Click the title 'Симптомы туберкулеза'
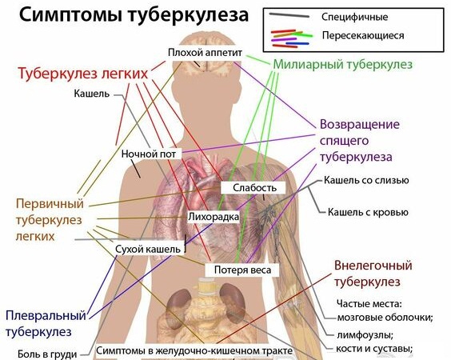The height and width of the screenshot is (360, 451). click(134, 15)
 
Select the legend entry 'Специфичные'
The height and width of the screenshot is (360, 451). click(355, 17)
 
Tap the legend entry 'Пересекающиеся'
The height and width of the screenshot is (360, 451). click(363, 35)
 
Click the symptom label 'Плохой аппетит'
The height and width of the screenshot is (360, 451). click(205, 53)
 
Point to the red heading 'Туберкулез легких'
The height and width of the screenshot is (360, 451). click(83, 74)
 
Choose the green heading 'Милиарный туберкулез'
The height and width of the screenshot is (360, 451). click(342, 64)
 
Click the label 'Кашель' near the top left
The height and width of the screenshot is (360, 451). click(92, 94)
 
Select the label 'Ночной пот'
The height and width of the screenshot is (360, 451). click(149, 154)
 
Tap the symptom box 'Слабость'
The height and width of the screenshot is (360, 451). click(254, 188)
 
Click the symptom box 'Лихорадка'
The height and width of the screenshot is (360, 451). click(214, 217)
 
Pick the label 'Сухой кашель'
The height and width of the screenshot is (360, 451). click(148, 250)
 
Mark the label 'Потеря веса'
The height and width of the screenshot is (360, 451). click(242, 270)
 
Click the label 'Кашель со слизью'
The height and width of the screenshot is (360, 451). click(366, 181)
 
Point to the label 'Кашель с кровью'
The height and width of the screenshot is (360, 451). click(368, 212)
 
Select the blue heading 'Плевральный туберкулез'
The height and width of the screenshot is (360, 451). click(46, 323)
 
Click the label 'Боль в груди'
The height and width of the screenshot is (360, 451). click(47, 354)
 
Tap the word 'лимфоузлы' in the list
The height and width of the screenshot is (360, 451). click(365, 335)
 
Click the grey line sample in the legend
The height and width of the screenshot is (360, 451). click(289, 15)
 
